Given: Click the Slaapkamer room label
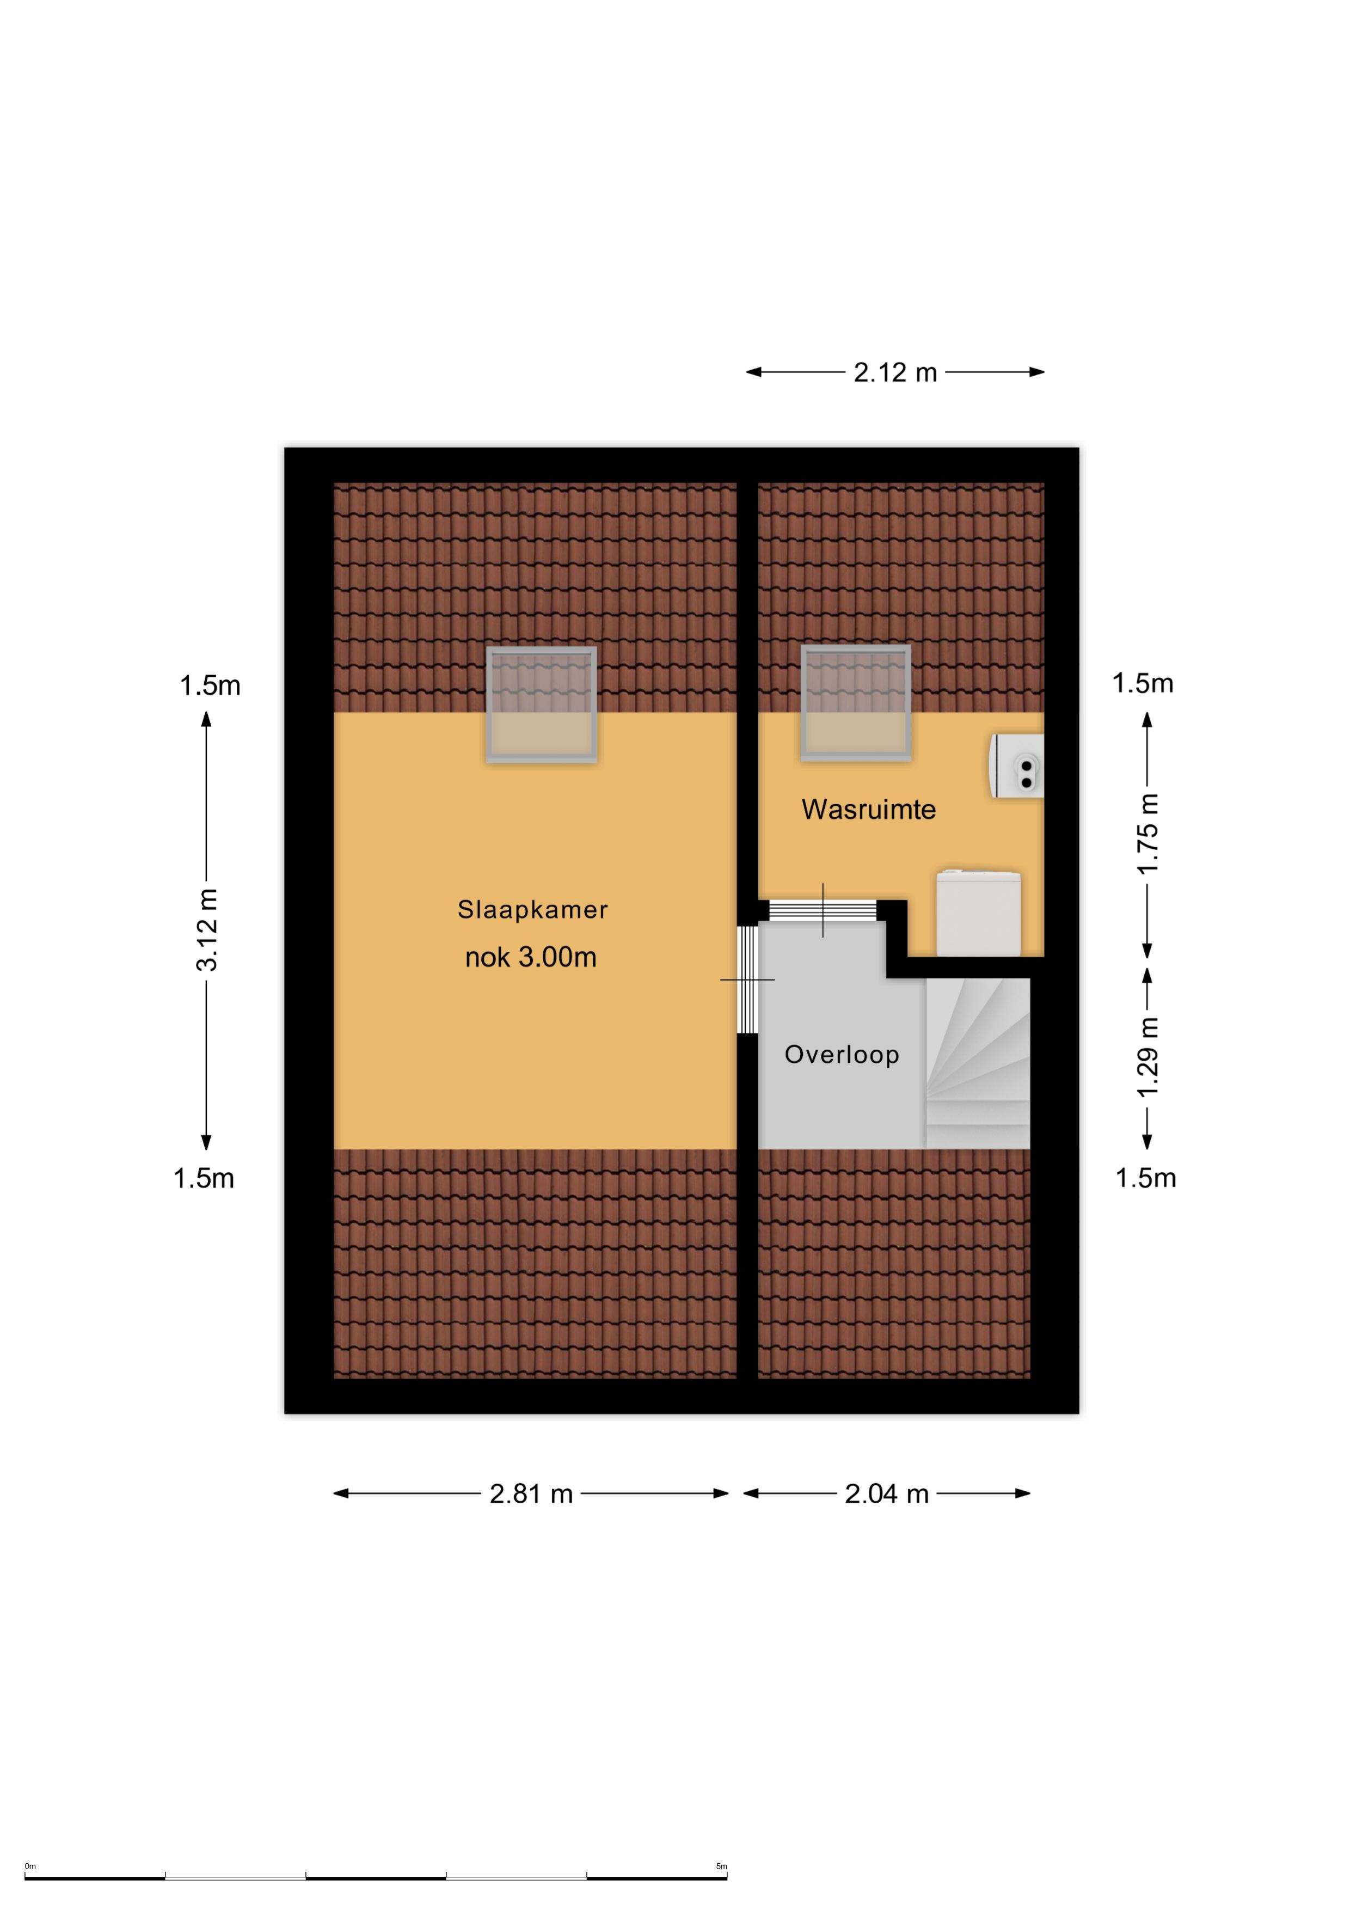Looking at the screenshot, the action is click(532, 909).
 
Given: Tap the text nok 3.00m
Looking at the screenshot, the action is click(531, 958).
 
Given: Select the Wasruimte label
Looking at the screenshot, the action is click(868, 810).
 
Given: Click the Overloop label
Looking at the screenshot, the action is click(842, 1055).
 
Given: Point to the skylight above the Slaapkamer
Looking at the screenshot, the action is click(542, 705).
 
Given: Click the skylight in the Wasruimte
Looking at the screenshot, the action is click(856, 703).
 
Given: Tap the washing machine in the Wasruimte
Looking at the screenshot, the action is click(979, 913).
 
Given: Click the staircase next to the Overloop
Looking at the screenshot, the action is click(978, 1063).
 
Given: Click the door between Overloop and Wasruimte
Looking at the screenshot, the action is click(823, 910).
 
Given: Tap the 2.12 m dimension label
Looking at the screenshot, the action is click(895, 372).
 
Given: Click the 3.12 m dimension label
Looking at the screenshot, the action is click(206, 929).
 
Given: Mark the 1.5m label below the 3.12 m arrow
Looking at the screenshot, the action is click(204, 1179).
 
